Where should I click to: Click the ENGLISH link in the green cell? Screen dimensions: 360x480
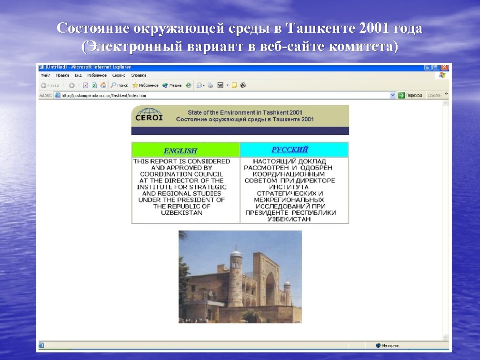click(x=180, y=151)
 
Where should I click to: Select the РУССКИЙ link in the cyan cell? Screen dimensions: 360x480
click(x=290, y=150)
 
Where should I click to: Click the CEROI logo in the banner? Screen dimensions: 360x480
click(x=149, y=115)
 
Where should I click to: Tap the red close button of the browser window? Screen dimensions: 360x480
click(x=445, y=68)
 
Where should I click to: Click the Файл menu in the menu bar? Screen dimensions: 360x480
click(x=46, y=75)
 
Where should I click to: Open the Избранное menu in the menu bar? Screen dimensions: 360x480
click(x=97, y=75)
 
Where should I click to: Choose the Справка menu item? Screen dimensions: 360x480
click(x=139, y=75)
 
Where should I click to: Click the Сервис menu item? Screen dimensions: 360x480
click(x=119, y=75)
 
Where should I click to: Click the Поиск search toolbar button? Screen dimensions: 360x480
click(x=120, y=85)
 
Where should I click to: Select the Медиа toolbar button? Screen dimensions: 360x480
click(x=172, y=85)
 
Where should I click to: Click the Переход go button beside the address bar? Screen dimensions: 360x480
click(x=410, y=95)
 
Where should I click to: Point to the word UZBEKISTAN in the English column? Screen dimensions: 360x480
click(x=181, y=213)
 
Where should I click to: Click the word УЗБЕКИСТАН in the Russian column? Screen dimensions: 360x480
click(x=289, y=219)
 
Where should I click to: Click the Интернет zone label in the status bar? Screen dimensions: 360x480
click(x=390, y=345)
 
